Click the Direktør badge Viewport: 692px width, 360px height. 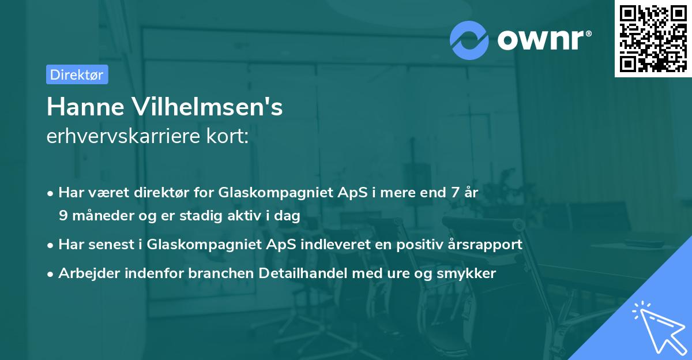coord(77,74)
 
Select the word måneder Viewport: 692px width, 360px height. coord(101,215)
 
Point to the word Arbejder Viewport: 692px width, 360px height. coord(84,273)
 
